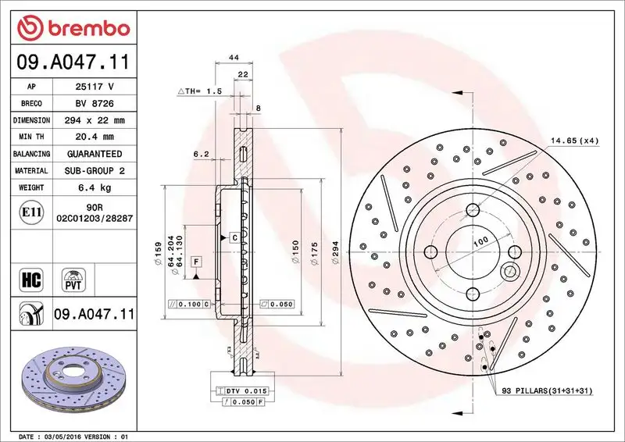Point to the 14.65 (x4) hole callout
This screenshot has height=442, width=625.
(574, 141)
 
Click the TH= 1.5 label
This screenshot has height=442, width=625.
(201, 91)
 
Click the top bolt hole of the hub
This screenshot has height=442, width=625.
(472, 209)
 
